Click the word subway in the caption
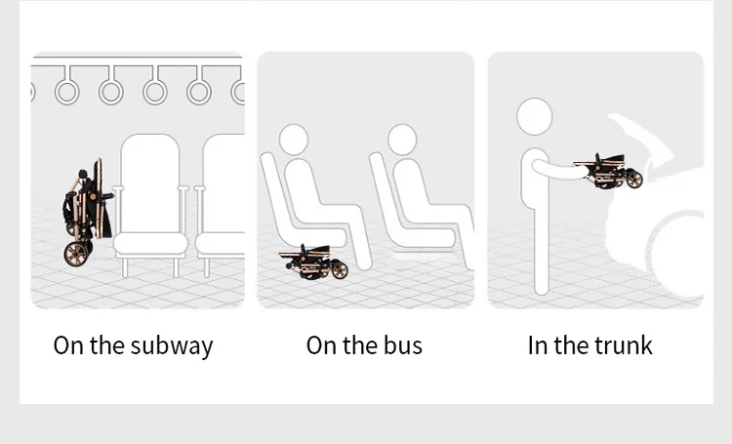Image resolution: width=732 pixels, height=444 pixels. (172, 346)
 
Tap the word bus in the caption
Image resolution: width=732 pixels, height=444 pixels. (403, 345)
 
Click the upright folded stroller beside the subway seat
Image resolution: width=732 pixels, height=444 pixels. (87, 213)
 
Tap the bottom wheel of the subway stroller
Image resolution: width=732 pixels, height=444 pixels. (76, 254)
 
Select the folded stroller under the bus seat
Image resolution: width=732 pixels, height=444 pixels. (313, 262)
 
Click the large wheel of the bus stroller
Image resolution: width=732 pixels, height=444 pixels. (340, 270)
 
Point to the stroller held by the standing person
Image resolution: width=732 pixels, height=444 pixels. (608, 172)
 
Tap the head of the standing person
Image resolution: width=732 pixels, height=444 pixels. (535, 116)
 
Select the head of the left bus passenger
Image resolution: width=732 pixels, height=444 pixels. (294, 140)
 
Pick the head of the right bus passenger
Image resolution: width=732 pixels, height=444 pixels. (402, 140)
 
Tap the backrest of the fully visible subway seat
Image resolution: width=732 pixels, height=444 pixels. (150, 183)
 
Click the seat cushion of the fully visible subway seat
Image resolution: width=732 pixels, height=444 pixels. (150, 244)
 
